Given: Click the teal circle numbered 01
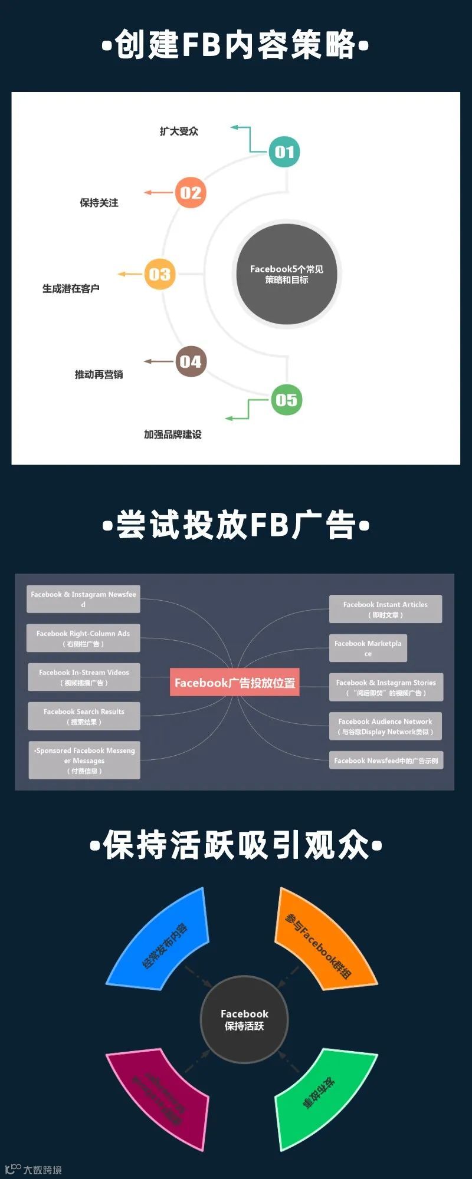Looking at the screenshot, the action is pyautogui.click(x=284, y=152).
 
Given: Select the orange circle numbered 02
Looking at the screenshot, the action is pyautogui.click(x=191, y=193).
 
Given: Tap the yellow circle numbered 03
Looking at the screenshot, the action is pyautogui.click(x=160, y=274).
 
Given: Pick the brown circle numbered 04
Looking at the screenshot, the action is pyautogui.click(x=191, y=361).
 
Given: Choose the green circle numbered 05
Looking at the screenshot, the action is pyautogui.click(x=286, y=400).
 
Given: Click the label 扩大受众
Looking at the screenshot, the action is pyautogui.click(x=179, y=131).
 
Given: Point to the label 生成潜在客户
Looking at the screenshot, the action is pyautogui.click(x=71, y=289).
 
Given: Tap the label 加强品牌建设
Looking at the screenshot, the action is pyautogui.click(x=173, y=434).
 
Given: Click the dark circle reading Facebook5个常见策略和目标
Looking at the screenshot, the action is pyautogui.click(x=286, y=274).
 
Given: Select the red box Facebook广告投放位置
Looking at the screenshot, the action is pyautogui.click(x=235, y=683).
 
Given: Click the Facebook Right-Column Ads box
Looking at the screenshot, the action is pyautogui.click(x=83, y=638).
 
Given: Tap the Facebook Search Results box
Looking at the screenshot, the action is pyautogui.click(x=84, y=716).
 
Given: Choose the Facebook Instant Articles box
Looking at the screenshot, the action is pyautogui.click(x=385, y=609).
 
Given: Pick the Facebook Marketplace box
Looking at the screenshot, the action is pyautogui.click(x=368, y=648).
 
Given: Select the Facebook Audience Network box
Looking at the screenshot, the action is pyautogui.click(x=385, y=726).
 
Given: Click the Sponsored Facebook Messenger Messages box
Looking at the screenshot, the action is pyautogui.click(x=84, y=760).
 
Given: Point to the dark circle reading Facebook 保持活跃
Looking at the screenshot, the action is pyautogui.click(x=244, y=1020).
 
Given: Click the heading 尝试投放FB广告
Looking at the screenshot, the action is pyautogui.click(x=236, y=525).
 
